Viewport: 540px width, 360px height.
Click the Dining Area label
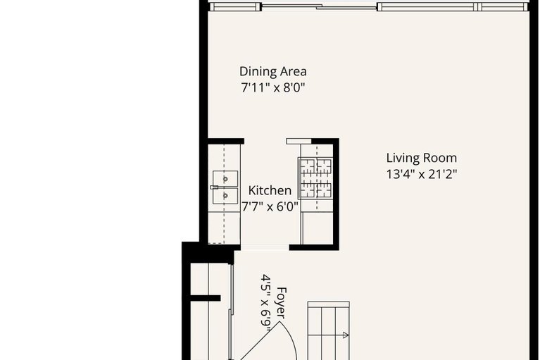tap(272, 71)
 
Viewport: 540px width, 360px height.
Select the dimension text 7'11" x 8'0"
tap(272, 88)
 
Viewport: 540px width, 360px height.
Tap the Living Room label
tap(421, 158)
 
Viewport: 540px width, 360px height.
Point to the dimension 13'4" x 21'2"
tap(421, 175)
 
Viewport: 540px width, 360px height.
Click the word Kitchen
tap(270, 190)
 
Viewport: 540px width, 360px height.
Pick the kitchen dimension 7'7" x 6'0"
tap(270, 207)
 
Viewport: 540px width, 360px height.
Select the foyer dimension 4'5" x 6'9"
tap(266, 302)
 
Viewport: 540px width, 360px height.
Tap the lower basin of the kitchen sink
tap(225, 196)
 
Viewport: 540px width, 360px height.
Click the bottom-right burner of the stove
tap(323, 189)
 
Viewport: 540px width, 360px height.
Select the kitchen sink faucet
tap(213, 187)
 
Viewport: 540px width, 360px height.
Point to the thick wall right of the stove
tap(335, 194)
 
